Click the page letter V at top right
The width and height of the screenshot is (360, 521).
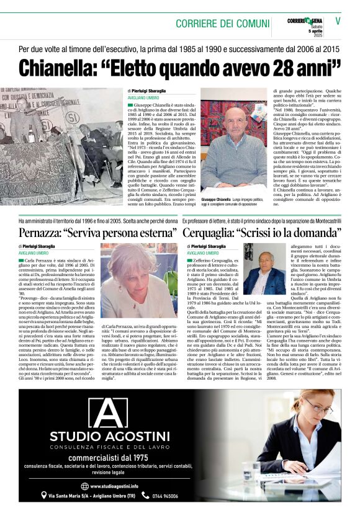coord(338,20)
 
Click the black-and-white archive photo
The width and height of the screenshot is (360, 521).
coord(70,147)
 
